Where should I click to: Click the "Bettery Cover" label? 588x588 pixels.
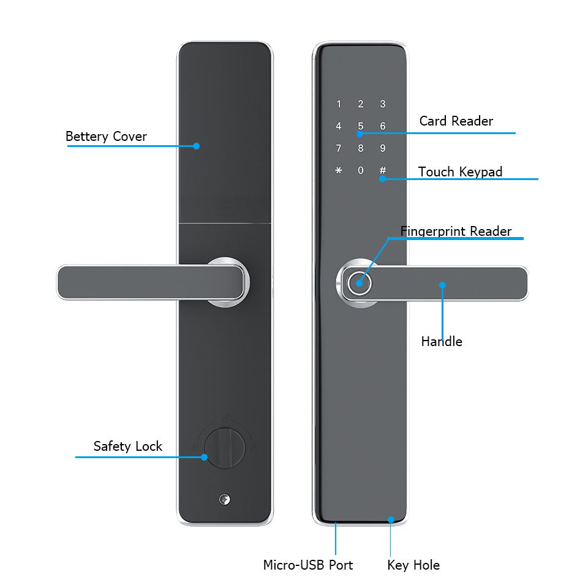[106, 136]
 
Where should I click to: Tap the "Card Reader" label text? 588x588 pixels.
[456, 121]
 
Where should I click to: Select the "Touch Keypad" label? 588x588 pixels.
[460, 171]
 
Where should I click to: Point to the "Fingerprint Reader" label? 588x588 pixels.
[456, 231]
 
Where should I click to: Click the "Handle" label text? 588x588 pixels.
[442, 341]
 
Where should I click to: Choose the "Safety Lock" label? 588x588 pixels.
[127, 446]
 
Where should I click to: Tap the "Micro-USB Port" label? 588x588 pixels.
[308, 565]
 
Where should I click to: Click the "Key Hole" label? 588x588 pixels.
[413, 565]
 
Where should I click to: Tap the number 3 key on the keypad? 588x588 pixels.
[383, 104]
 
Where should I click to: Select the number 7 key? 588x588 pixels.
[338, 148]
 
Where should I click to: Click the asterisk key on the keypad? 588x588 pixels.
[338, 170]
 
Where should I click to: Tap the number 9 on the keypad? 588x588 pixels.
[383, 148]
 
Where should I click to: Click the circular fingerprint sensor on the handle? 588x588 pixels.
[357, 284]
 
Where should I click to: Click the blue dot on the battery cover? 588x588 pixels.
[196, 146]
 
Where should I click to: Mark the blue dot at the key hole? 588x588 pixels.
[391, 519]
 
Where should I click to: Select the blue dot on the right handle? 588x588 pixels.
[442, 285]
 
